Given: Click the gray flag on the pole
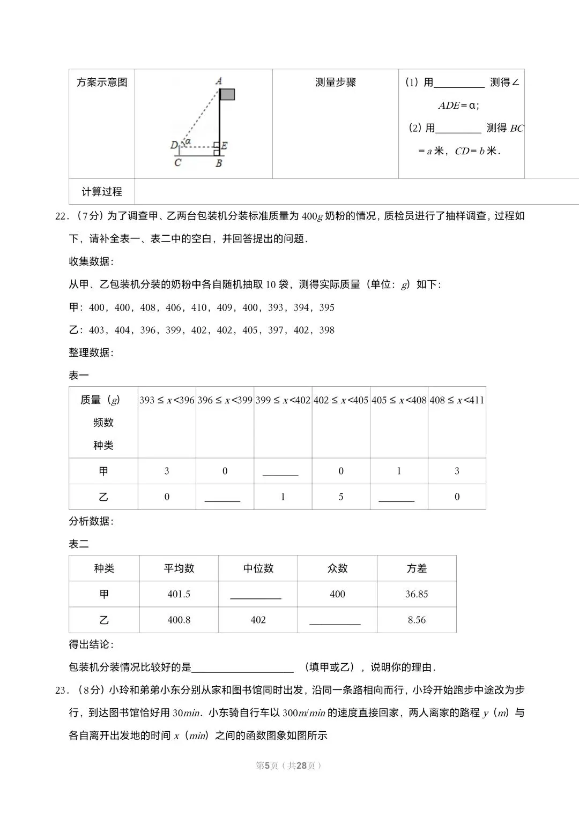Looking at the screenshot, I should (227, 95).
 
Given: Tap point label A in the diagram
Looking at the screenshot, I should (219, 81).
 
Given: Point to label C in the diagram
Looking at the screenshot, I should (177, 162).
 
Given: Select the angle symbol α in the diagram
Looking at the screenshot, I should (188, 141).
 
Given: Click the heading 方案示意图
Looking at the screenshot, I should (102, 82).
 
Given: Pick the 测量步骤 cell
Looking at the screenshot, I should (336, 82).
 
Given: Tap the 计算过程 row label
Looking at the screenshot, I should (102, 192).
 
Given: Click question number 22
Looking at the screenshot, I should (62, 216).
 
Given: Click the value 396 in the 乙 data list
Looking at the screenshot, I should (148, 330).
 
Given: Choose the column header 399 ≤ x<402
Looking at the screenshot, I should (283, 400).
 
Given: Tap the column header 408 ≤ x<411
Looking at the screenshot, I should (457, 400).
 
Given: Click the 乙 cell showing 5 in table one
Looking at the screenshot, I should (341, 497).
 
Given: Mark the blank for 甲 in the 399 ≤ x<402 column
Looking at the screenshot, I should (280, 471).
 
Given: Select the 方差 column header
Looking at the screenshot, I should (417, 568).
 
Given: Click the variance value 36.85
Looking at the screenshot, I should (417, 594).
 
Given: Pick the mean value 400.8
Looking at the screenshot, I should (179, 620).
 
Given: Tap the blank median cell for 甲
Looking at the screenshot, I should (256, 595).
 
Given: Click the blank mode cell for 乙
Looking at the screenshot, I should (335, 620).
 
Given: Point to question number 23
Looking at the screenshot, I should (62, 691).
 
